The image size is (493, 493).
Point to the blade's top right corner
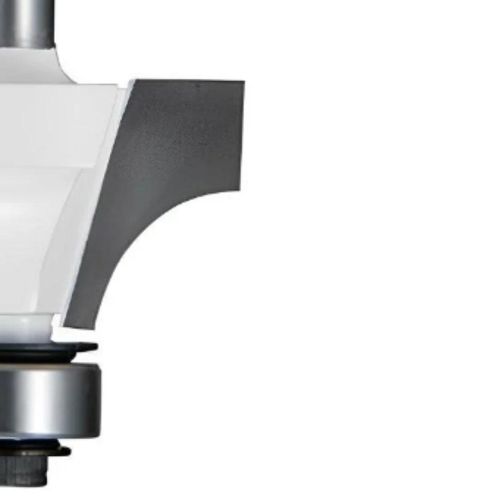[x=243, y=82]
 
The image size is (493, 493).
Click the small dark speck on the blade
[x=198, y=85]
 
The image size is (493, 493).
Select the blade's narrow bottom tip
[x=79, y=323]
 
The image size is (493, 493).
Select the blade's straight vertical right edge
[x=242, y=133]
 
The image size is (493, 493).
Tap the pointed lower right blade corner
[x=240, y=190]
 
